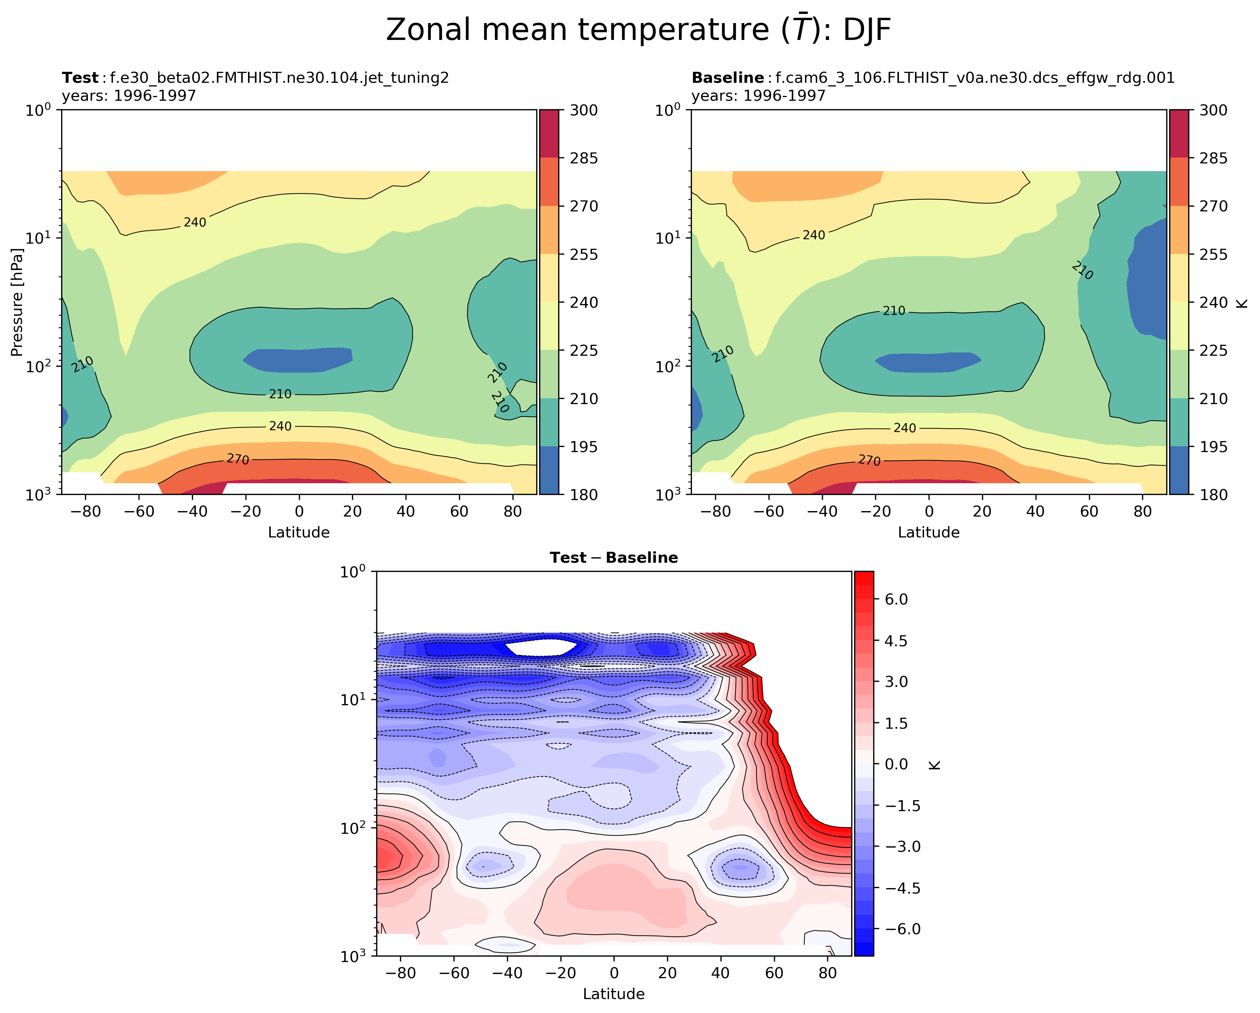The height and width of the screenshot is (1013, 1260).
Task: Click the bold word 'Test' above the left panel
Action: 80,78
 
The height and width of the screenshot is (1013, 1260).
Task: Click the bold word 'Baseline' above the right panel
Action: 727,78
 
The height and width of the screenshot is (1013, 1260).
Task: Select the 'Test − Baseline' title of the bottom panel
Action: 614,558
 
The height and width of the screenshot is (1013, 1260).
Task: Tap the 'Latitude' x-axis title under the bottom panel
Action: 614,994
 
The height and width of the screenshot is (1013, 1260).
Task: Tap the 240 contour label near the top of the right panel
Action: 814,235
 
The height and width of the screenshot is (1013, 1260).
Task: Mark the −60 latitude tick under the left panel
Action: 139,511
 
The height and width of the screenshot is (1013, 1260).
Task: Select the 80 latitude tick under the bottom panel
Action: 827,973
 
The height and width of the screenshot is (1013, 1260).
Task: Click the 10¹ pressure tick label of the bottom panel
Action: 353,699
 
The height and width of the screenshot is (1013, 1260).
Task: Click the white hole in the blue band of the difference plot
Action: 541,647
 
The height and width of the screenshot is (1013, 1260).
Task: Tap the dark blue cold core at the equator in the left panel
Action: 298,359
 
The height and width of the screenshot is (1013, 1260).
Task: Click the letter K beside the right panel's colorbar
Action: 1242,302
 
